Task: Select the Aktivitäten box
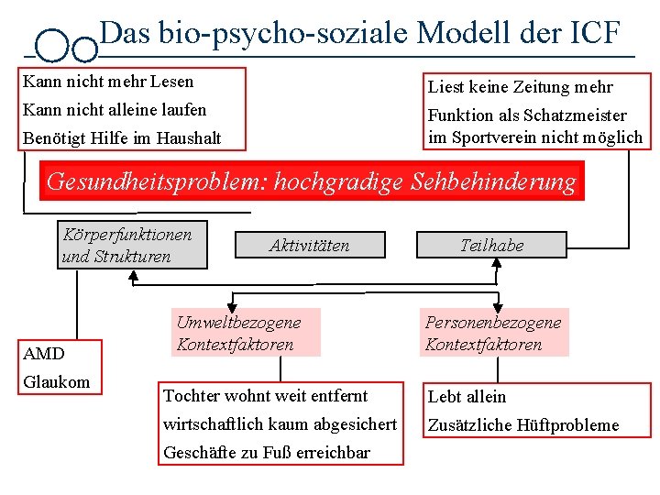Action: coord(309,245)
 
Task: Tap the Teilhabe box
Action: coord(491,245)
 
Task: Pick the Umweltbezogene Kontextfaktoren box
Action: coord(238,334)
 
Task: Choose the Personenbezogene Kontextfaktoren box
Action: coord(493,334)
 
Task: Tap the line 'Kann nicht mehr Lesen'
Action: coord(108,82)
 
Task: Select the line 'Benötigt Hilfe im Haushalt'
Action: coord(122,138)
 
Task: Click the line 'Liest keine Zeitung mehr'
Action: coord(520,87)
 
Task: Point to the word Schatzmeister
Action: coord(575,115)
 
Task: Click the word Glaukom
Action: coord(57,381)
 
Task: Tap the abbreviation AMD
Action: coord(44,354)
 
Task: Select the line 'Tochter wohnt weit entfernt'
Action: coord(265,396)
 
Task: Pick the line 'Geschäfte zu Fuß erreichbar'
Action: coord(267,452)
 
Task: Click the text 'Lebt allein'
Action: coord(467,397)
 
